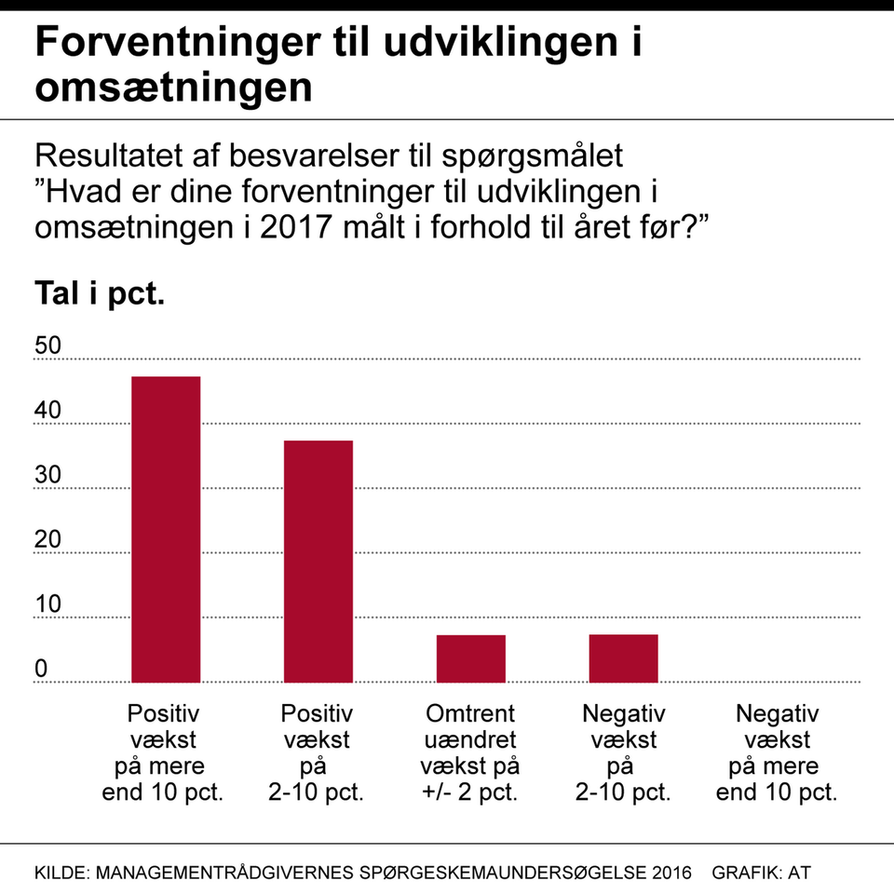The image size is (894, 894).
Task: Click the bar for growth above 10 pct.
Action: point(166,529)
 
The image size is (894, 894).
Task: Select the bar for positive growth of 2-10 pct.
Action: point(318,562)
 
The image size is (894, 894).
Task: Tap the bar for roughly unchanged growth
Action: point(471,658)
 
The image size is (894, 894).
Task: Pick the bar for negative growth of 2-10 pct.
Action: point(624,658)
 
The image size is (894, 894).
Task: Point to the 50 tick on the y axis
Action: point(47,346)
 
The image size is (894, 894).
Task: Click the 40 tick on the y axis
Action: point(47,411)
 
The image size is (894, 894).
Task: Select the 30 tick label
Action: point(47,476)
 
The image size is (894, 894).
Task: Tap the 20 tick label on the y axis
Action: point(47,540)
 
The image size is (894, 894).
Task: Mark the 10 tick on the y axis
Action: point(47,605)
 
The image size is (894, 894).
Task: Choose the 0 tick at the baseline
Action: point(41,670)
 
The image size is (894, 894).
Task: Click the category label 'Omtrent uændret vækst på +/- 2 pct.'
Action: point(470,754)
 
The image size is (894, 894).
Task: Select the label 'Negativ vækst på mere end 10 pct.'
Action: point(777,754)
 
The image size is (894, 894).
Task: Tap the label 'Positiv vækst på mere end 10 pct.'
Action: point(166,754)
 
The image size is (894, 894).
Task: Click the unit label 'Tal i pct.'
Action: point(100,295)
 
